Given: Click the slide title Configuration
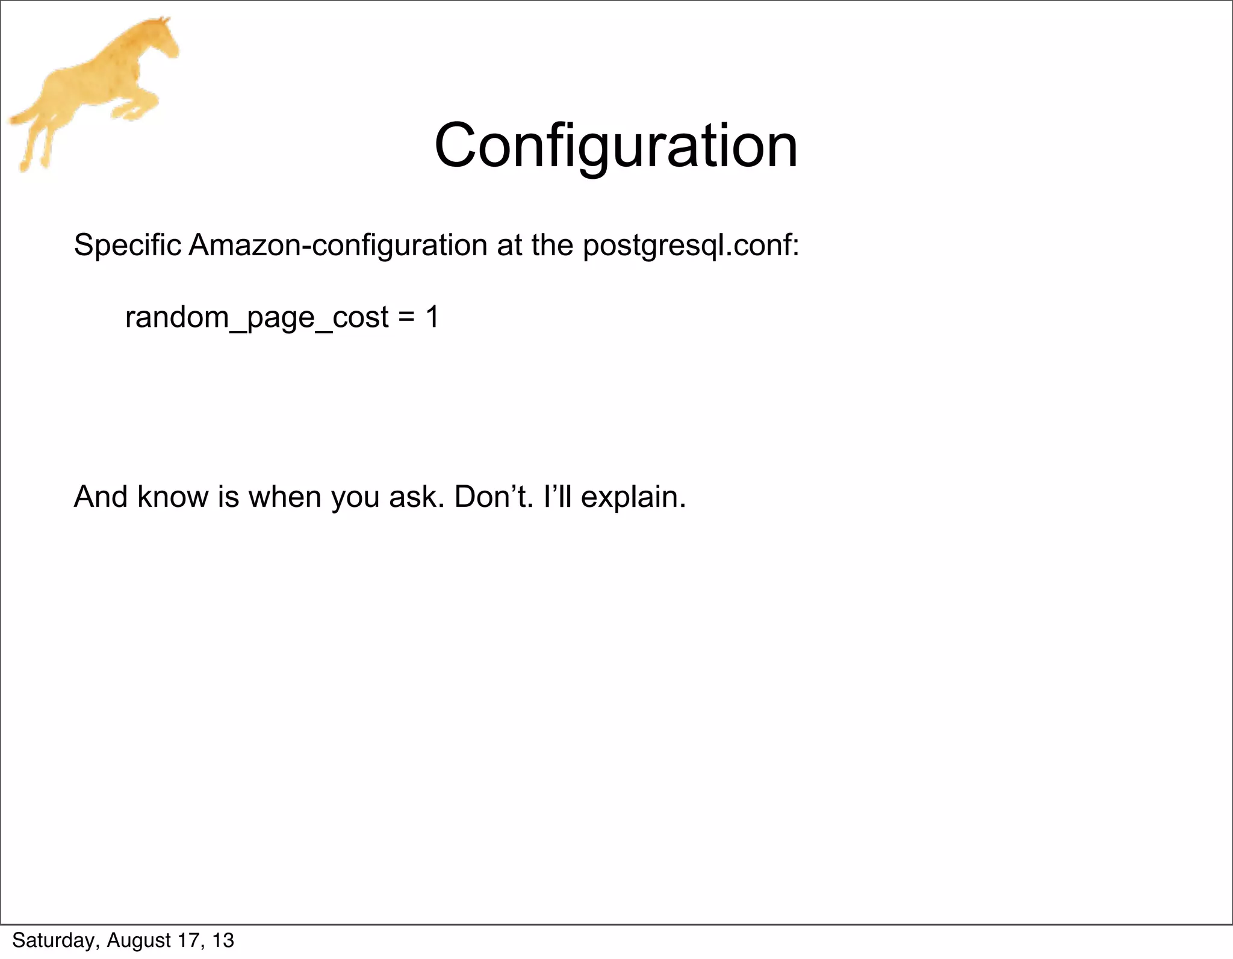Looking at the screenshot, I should [616, 146].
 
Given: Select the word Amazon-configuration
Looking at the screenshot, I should [338, 245].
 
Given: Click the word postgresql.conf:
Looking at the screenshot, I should [691, 246].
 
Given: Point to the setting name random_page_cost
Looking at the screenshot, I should [256, 318].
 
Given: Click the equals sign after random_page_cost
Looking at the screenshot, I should [406, 318].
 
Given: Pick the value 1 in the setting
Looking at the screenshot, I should [432, 317].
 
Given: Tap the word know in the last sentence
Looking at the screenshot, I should [172, 497].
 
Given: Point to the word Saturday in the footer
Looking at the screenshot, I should [55, 940].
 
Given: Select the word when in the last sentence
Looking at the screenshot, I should [285, 497].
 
